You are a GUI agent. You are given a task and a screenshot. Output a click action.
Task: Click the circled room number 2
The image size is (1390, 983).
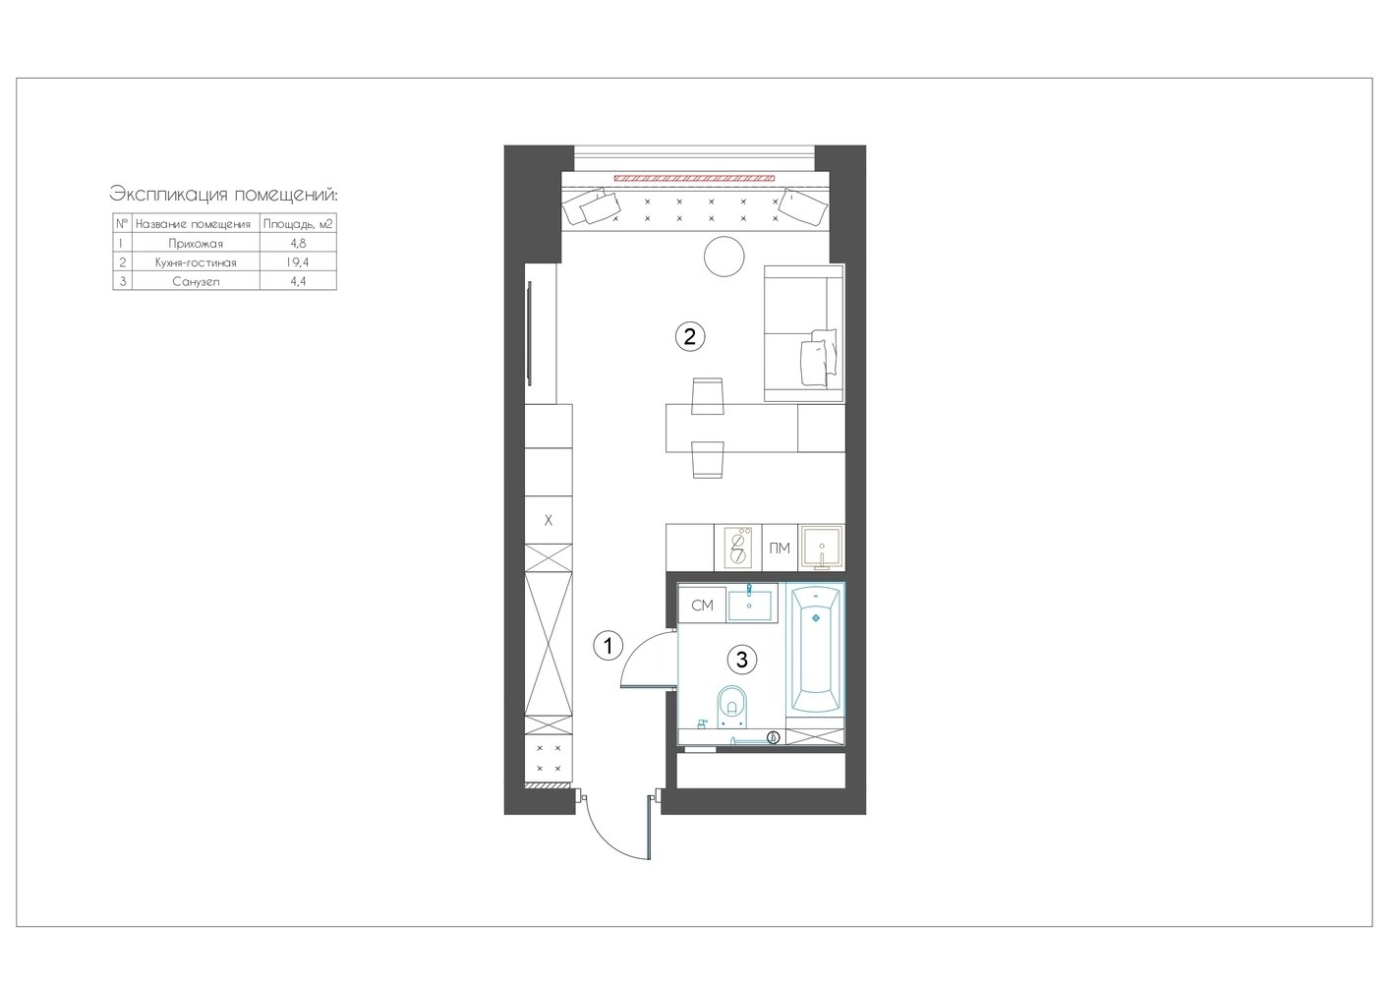(689, 337)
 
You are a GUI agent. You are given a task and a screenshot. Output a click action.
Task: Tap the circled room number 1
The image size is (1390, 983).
(608, 646)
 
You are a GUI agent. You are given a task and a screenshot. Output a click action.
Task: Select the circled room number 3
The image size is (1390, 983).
(741, 660)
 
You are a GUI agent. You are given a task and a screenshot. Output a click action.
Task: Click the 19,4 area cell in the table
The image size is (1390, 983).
(298, 262)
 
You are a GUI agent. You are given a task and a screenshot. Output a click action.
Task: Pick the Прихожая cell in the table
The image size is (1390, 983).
(196, 244)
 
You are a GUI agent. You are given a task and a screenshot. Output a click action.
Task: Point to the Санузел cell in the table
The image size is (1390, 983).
(196, 282)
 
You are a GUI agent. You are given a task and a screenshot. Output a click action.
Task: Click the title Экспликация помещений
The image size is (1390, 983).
(223, 195)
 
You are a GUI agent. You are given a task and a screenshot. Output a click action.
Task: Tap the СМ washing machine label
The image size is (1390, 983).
(702, 606)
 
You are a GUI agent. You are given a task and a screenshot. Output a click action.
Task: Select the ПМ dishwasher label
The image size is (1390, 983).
(780, 548)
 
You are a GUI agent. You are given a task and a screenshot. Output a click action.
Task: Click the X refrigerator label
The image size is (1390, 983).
(548, 520)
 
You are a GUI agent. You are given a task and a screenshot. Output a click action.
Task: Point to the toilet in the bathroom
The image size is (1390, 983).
(733, 707)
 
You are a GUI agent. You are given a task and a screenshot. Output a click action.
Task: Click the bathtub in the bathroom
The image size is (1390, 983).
(815, 649)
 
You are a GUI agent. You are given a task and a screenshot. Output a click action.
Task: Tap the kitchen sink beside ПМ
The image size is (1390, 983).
(821, 548)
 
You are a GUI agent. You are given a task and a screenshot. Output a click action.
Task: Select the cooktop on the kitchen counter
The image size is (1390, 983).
(738, 548)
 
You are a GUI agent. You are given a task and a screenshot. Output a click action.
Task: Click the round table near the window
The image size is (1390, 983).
(724, 257)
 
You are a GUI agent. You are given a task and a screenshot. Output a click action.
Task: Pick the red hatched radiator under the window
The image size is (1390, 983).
(694, 178)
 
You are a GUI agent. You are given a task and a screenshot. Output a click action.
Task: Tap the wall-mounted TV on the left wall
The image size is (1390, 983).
(529, 333)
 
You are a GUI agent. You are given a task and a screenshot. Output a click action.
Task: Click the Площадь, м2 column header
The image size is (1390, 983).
(298, 224)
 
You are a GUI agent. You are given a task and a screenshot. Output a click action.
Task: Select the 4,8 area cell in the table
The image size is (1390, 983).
(298, 244)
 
